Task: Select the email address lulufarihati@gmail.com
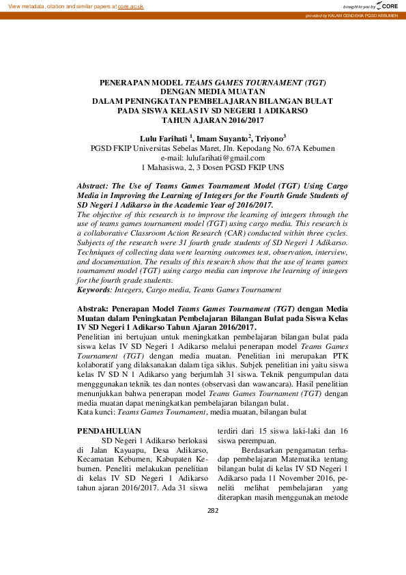tap(212, 157)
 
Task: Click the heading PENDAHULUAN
tap(109, 431)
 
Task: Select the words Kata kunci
tap(93, 412)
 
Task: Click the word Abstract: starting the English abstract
tap(93, 185)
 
